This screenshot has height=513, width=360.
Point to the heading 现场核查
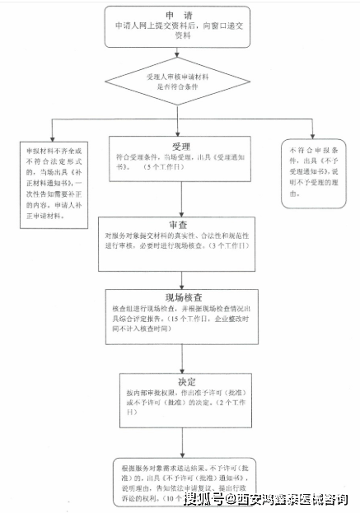coord(185,296)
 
